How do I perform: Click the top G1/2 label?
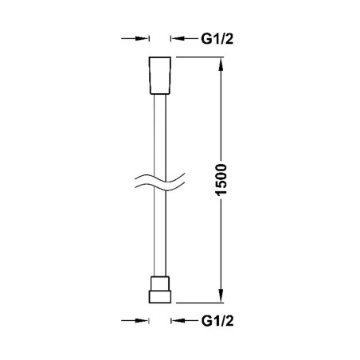[x=217, y=39]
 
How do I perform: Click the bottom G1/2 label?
[x=217, y=321]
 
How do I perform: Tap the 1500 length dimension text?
[x=221, y=180]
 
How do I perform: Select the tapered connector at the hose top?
[x=160, y=76]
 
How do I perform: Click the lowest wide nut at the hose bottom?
[x=160, y=297]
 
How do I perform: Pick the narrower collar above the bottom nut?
[x=160, y=284]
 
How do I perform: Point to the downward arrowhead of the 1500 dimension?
[x=221, y=295]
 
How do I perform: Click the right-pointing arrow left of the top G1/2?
[x=135, y=38]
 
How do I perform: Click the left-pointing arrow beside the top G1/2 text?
[x=184, y=38]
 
